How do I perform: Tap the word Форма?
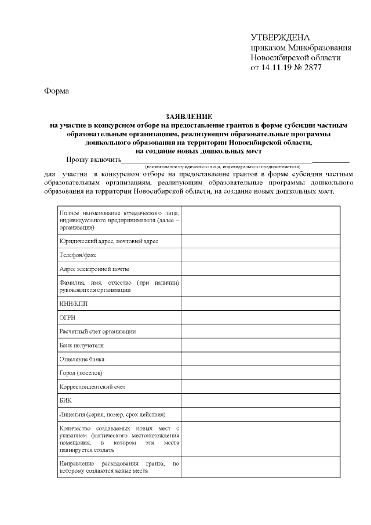coord(56,91)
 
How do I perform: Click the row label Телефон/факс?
coord(79,255)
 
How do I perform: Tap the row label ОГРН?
coord(68,317)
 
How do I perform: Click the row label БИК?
coord(66,401)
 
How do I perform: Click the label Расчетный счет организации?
coord(97,331)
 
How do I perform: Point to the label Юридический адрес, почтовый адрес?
coord(108,241)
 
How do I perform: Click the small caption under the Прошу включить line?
coord(223,166)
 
